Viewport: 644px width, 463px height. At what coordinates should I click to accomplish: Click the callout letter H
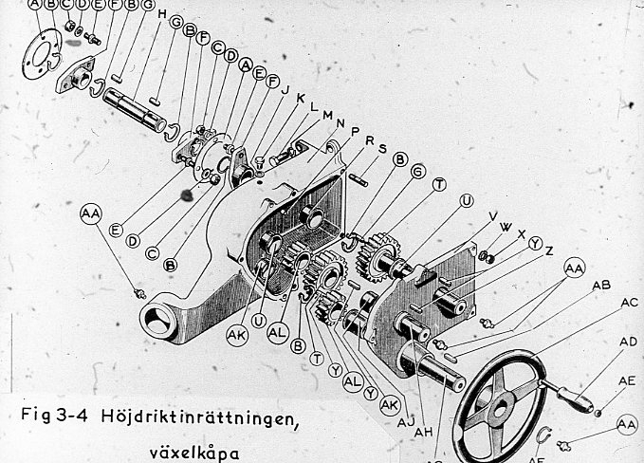[162, 14]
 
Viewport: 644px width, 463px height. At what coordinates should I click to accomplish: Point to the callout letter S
[382, 148]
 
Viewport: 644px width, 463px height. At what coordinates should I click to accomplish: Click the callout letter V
[492, 216]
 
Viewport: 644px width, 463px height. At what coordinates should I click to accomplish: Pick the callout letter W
[506, 227]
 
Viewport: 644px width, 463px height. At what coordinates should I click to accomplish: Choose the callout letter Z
[548, 252]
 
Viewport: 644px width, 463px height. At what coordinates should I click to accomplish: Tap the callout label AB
[600, 285]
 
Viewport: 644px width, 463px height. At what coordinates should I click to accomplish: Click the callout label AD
[627, 341]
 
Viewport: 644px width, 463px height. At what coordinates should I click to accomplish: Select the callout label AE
[627, 380]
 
